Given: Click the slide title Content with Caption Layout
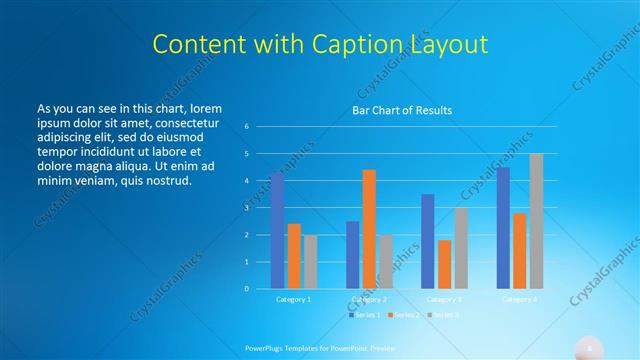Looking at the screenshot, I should point(319,45).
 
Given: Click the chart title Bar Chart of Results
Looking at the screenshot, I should point(402,110).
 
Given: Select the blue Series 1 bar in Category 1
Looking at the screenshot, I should point(277,231).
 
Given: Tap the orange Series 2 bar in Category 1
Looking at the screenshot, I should point(294,256).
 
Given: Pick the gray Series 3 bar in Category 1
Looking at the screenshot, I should point(310,262).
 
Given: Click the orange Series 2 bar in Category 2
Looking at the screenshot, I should point(369,229).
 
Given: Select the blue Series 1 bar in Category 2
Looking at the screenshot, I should point(352,255).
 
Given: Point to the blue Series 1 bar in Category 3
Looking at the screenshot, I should point(428,241).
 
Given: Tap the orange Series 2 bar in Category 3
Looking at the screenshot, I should point(444,264).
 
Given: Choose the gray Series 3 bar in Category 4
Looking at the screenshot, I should point(536,221).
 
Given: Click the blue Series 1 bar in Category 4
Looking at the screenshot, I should point(503,228).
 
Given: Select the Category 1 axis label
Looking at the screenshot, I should point(293,299).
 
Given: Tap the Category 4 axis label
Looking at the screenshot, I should point(519,299).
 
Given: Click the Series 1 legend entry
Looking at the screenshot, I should point(364,315).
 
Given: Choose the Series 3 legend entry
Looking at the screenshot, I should point(442,315).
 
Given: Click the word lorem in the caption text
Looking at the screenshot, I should point(204,108).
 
